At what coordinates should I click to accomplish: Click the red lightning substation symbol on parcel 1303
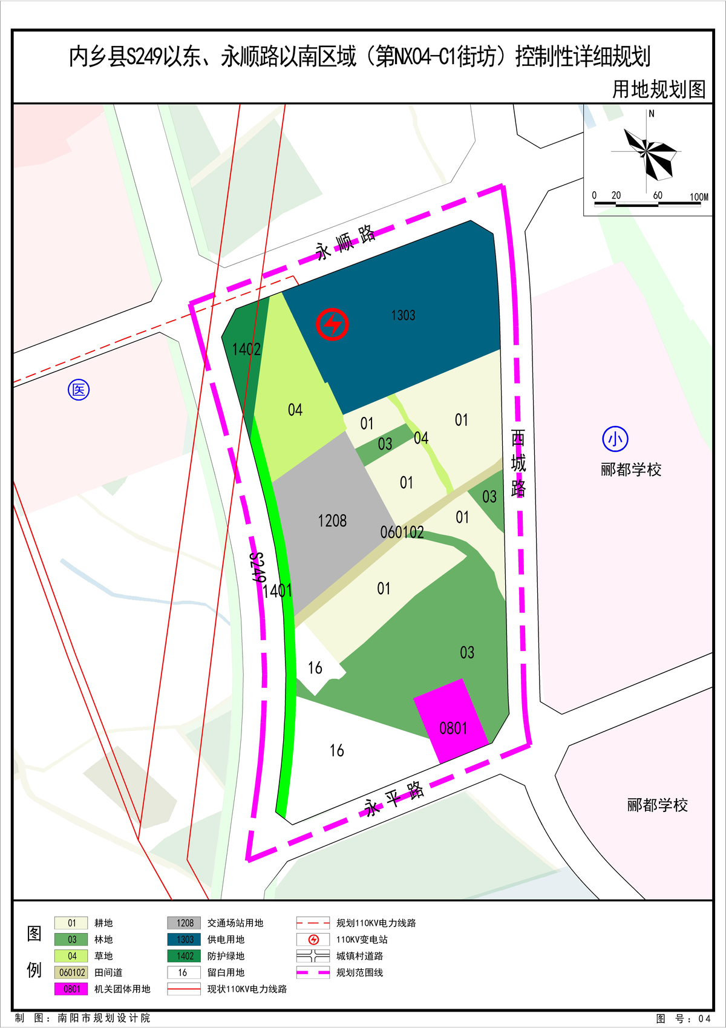(x=332, y=324)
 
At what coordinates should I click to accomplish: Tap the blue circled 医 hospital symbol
(x=79, y=390)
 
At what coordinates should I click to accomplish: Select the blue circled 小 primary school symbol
(x=615, y=439)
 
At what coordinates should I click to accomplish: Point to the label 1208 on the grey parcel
(x=332, y=521)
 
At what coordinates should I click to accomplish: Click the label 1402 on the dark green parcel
(x=246, y=349)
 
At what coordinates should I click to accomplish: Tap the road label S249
(x=258, y=567)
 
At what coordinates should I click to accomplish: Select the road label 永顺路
(x=345, y=242)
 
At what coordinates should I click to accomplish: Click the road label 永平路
(x=394, y=799)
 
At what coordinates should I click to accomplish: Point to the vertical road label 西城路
(x=518, y=463)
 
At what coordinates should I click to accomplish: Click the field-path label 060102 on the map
(x=402, y=532)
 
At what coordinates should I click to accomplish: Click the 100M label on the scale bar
(x=699, y=197)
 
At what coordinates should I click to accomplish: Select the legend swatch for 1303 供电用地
(x=185, y=940)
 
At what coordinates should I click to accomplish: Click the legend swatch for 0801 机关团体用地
(x=71, y=989)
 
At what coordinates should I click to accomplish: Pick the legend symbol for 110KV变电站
(x=313, y=940)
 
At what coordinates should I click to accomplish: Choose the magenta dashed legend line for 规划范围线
(x=313, y=972)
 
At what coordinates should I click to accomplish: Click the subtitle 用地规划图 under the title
(x=659, y=90)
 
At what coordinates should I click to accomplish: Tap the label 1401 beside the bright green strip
(x=277, y=591)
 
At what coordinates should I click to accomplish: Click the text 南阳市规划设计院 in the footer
(x=104, y=1018)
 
